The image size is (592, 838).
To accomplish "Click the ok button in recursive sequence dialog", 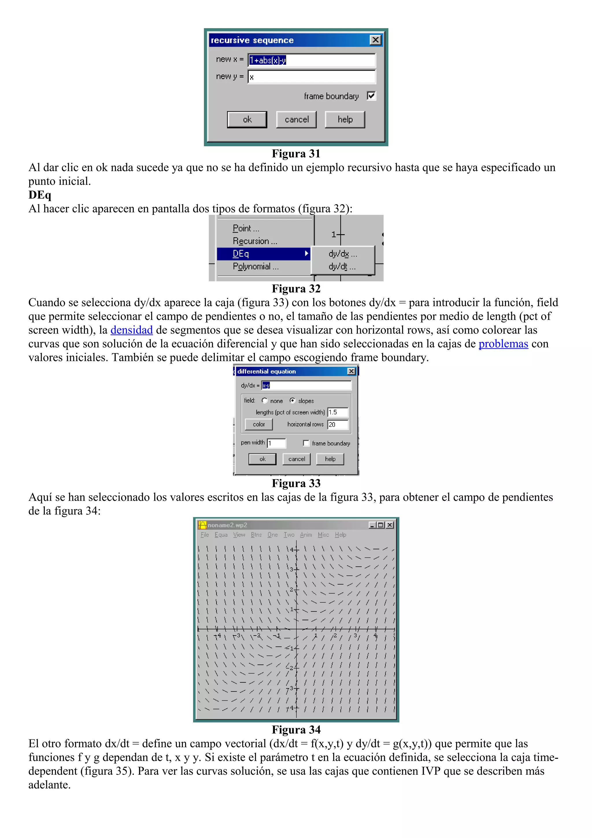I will pos(247,119).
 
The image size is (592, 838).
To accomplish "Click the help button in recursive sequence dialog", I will pos(345,119).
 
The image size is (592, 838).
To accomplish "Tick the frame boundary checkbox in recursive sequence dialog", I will pos(371,96).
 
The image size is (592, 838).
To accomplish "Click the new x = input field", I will pos(312,60).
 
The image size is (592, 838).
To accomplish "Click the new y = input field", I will pos(312,77).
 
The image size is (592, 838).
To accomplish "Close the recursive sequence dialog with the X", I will pos(375,40).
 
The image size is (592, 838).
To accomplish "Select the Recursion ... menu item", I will pos(255,241).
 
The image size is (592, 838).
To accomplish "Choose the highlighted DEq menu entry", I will pos(263,254).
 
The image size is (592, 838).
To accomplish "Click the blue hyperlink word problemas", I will pos(503,344).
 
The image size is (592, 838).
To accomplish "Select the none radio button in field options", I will pos(265,400).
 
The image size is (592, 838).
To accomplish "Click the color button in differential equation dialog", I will pos(259,424).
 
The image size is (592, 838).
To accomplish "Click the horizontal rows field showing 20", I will pos(337,424).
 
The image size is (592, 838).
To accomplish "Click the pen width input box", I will pos(276,443).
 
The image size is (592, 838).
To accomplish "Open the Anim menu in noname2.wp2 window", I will pos(306,535).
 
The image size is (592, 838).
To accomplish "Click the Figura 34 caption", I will pos(296,730).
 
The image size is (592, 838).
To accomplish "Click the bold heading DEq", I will pos(40,195).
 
